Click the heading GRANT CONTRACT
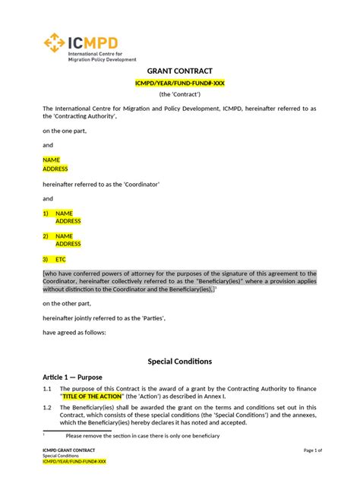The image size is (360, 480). click(179, 70)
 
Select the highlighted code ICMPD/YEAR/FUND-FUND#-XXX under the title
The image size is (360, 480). click(179, 82)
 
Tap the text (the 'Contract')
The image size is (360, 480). click(179, 94)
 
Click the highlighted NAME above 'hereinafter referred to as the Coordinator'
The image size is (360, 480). click(51, 160)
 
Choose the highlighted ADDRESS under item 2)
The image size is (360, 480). click(68, 245)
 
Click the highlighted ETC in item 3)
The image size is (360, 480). click(61, 259)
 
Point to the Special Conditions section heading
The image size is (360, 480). click(179, 361)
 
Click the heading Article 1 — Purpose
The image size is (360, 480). click(72, 377)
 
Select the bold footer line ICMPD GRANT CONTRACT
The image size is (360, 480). click(69, 450)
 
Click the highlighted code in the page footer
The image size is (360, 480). click(74, 461)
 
